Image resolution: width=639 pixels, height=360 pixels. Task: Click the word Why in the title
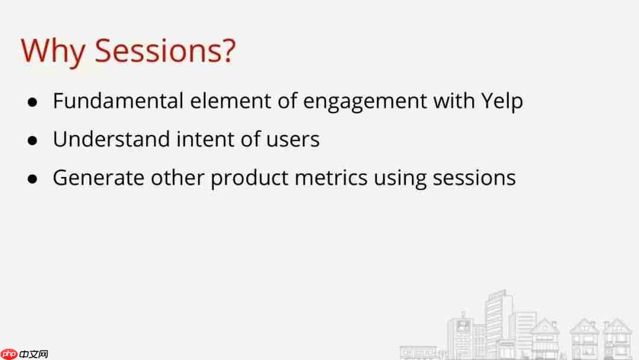53,52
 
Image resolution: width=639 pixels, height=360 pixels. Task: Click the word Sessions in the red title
159,50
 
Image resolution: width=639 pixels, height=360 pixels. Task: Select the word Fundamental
118,101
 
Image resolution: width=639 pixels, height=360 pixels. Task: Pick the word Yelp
502,102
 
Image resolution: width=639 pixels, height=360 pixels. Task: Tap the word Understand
111,139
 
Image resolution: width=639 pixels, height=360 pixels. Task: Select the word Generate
98,178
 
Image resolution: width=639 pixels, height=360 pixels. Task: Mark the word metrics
331,178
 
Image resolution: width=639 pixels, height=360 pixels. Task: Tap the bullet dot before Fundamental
33,102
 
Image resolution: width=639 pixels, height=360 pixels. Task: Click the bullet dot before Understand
33,141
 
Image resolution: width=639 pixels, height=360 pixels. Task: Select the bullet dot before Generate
33,179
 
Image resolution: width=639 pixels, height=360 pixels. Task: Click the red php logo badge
9,354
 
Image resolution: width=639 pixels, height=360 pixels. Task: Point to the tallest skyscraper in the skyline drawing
499,322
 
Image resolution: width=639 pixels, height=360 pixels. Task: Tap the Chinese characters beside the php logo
34,354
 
